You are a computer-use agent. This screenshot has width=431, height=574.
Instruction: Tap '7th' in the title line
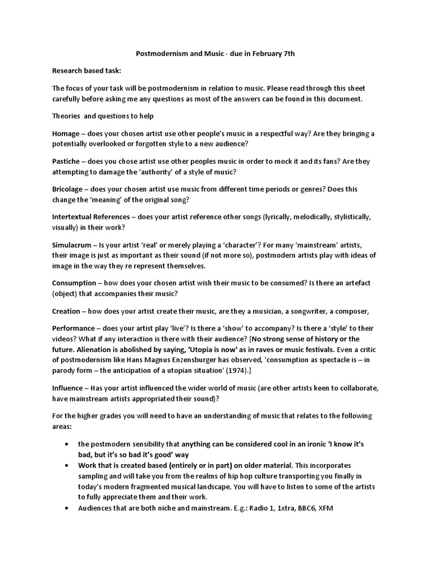tap(287, 53)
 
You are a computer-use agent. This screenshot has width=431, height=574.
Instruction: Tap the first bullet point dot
tap(67, 443)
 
